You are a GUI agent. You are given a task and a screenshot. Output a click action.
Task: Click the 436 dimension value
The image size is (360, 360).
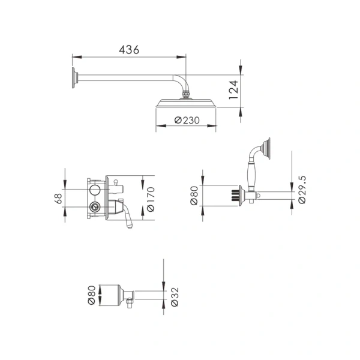(128, 50)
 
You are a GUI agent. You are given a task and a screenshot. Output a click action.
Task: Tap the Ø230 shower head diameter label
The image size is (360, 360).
(187, 120)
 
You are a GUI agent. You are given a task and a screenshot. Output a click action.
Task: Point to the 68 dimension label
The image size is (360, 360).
(58, 199)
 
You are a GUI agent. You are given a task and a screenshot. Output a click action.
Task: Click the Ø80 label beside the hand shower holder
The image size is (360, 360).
(194, 195)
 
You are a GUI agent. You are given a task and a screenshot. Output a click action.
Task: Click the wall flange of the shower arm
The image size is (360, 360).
(74, 78)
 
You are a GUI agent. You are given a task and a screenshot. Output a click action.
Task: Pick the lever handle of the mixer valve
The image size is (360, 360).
(128, 216)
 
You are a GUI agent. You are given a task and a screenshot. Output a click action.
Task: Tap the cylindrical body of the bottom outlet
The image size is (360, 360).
(109, 295)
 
